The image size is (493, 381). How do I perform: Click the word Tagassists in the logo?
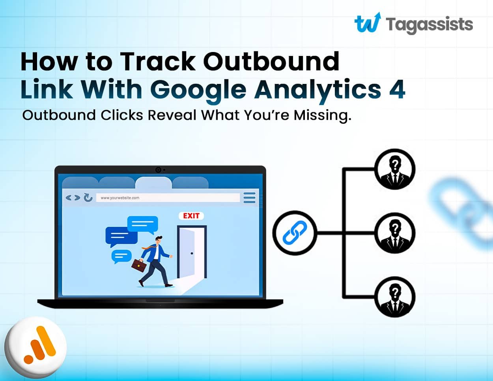(x=430, y=24)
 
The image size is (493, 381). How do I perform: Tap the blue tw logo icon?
(x=368, y=22)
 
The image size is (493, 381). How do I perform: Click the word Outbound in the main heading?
(x=271, y=61)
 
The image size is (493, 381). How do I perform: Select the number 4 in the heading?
(x=397, y=89)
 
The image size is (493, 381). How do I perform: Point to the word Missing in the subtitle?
(x=322, y=115)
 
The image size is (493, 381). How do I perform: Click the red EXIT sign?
(x=191, y=216)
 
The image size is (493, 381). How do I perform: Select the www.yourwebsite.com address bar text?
(x=120, y=198)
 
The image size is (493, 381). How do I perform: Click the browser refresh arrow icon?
(x=88, y=197)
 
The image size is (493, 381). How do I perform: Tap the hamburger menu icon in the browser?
(x=249, y=197)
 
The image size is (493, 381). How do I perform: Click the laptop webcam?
(x=158, y=170)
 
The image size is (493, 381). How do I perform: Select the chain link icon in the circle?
(x=295, y=233)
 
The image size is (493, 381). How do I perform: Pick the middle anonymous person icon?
(x=394, y=233)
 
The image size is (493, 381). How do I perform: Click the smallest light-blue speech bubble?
(x=121, y=256)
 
